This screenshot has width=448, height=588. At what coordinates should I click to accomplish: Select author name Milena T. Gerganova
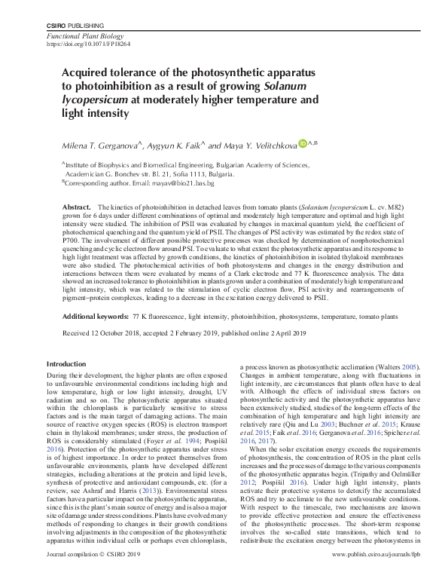coord(102,144)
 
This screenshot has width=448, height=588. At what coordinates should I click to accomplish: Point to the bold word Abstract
coord(76,207)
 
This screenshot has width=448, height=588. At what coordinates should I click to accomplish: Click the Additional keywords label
coord(94,318)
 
